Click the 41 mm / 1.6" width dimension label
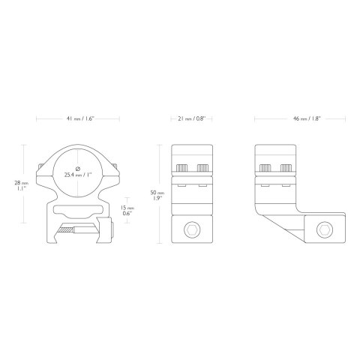point(79,118)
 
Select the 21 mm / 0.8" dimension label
point(191,118)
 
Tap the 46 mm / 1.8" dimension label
point(307,118)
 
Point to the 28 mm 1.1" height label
point(22,185)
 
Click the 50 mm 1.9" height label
point(157,195)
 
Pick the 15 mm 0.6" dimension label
point(127,210)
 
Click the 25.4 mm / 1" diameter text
point(78,175)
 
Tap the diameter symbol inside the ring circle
point(78,168)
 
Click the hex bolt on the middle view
point(192,229)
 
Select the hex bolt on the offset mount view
point(325,229)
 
